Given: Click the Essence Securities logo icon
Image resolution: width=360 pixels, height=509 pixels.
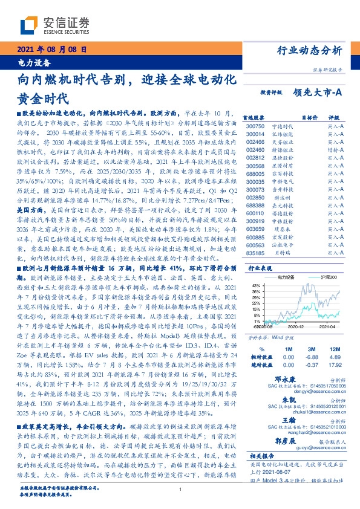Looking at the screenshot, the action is [28, 25].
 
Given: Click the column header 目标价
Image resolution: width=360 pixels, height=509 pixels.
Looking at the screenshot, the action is [308, 118].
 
